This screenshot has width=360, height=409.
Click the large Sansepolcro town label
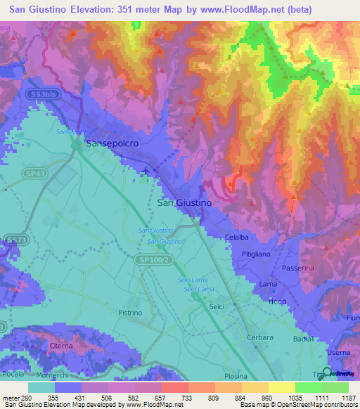(113, 143)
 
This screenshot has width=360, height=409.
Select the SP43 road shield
(38, 174)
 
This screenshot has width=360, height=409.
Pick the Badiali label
(304, 339)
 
